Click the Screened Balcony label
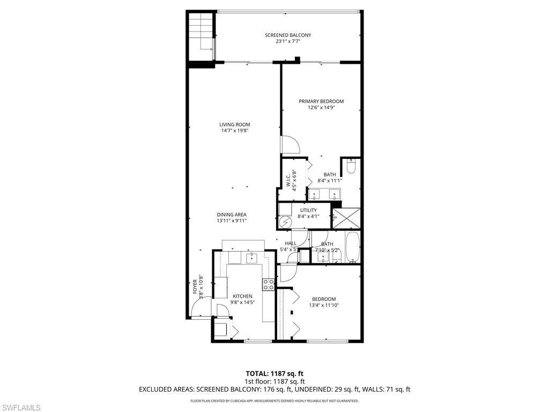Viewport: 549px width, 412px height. (x=288, y=35)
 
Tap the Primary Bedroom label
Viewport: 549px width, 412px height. (x=321, y=101)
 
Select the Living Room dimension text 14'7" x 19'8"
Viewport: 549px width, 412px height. (x=235, y=131)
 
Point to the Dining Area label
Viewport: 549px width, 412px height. (x=232, y=215)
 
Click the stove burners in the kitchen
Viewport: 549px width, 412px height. (x=269, y=284)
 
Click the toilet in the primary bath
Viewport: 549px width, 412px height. (x=351, y=167)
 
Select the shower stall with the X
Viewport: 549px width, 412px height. (x=346, y=218)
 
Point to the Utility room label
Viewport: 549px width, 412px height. (x=308, y=210)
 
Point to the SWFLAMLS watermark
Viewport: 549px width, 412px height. (x=21, y=408)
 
